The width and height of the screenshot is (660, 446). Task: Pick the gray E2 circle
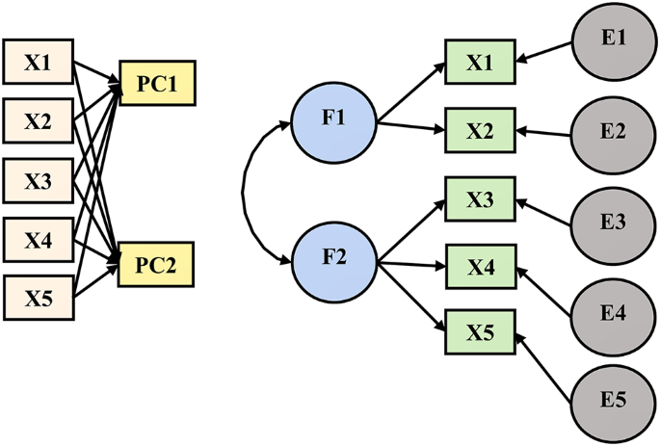pos(613,131)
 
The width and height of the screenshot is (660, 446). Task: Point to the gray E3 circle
pos(613,221)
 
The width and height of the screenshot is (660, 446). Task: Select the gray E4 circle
pos(613,311)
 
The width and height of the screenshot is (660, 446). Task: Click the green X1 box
pos(479,63)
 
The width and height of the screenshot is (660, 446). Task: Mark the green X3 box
pos(479,200)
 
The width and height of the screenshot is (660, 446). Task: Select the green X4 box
pos(479,267)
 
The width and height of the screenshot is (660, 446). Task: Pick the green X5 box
pos(479,333)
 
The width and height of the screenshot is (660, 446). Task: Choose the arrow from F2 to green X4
pos(409,263)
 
